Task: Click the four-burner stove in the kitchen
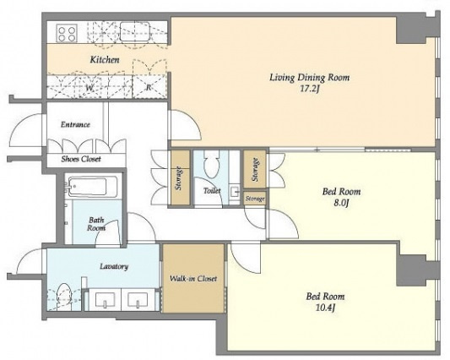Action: click(x=67, y=33)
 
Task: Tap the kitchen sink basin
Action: click(x=134, y=31)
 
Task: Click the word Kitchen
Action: click(x=105, y=60)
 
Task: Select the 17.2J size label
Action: click(x=310, y=89)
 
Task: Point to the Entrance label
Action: click(x=75, y=125)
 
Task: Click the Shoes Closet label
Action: click(x=81, y=159)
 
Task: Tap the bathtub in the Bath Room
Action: click(x=93, y=187)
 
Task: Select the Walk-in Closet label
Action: click(x=193, y=278)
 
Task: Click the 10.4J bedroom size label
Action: click(x=325, y=308)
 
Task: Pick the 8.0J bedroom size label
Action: click(x=341, y=204)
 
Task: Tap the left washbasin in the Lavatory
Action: click(x=105, y=299)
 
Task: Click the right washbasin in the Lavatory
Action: click(x=138, y=299)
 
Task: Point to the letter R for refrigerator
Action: click(x=149, y=87)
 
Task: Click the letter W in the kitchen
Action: click(x=89, y=88)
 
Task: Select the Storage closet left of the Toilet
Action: click(x=180, y=178)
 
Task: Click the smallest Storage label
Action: click(x=255, y=199)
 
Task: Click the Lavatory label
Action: click(x=114, y=266)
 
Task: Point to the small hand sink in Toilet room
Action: click(x=235, y=192)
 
